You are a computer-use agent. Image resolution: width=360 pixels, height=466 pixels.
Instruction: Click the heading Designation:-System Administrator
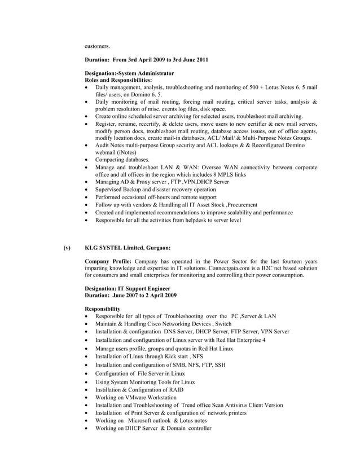pos(129,73)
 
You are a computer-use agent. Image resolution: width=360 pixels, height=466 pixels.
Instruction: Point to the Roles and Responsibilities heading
pos(118,80)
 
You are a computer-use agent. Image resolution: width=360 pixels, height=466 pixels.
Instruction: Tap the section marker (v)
pos(67,247)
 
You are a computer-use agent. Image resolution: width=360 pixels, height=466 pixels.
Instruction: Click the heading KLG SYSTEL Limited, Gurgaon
pos(128,247)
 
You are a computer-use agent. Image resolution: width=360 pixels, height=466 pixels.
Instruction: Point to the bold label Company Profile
pos(108,262)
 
